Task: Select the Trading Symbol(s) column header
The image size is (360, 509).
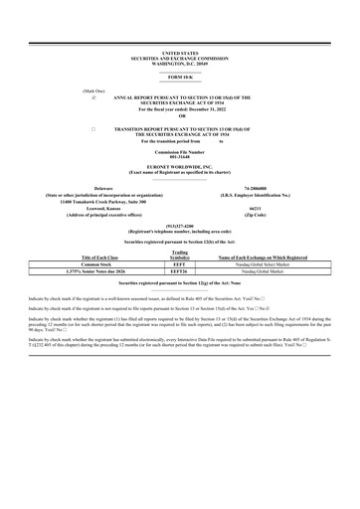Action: click(180, 255)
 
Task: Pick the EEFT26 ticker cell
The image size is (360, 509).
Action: click(180, 272)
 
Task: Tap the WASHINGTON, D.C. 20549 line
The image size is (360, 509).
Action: click(180, 61)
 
